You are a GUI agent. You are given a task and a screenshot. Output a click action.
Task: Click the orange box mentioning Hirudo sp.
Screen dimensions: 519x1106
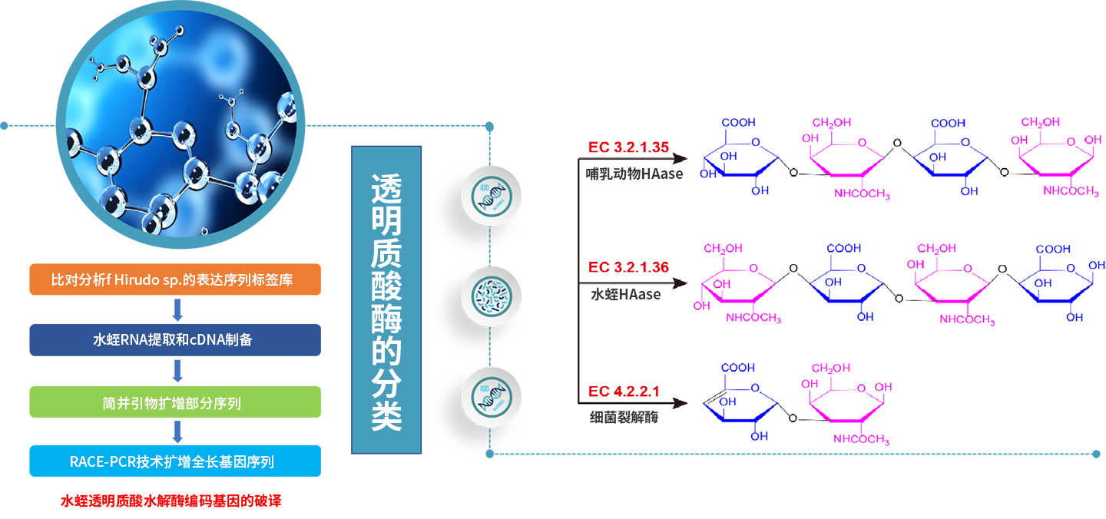175,279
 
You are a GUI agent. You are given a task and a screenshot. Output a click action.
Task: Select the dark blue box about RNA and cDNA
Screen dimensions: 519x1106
175,340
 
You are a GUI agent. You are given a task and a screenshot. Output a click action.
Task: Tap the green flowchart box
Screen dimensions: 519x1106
175,402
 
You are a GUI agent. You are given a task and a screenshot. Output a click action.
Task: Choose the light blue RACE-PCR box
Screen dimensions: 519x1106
175,461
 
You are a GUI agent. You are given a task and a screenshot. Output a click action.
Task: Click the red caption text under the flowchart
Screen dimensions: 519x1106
171,501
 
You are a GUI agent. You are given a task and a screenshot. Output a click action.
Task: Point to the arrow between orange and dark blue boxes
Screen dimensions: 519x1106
177,309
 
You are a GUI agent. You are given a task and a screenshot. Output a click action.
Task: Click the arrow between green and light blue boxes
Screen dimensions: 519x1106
177,431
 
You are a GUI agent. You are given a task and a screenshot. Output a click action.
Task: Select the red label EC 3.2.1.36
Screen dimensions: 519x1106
628,267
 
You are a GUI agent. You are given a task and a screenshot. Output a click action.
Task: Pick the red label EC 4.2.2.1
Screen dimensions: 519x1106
624,392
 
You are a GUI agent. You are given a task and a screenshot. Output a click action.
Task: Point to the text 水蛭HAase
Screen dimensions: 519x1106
625,294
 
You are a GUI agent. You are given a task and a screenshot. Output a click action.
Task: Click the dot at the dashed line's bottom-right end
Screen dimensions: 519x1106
1096,454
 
